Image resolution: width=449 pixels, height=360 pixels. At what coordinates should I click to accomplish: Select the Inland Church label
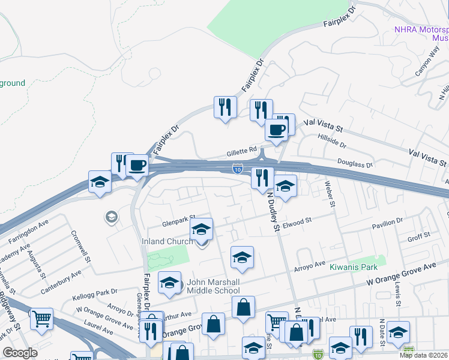click(x=167, y=241)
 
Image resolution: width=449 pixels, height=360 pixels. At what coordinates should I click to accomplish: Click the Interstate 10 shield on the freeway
click(x=238, y=170)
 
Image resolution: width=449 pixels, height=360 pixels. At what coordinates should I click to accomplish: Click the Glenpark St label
click(x=179, y=220)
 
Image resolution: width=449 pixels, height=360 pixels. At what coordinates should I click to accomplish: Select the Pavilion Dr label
click(x=387, y=223)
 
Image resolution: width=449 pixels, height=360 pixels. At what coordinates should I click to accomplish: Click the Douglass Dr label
click(x=355, y=162)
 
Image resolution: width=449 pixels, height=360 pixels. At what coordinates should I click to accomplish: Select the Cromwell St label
click(x=80, y=247)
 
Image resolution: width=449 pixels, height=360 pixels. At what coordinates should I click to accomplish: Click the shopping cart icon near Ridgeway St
click(x=41, y=320)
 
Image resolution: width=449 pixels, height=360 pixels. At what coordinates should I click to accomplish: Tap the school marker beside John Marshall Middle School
click(x=169, y=283)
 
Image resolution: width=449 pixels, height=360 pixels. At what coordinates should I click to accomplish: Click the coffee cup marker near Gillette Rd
click(x=276, y=129)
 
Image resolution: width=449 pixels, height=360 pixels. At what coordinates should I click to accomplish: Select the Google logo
click(x=20, y=353)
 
